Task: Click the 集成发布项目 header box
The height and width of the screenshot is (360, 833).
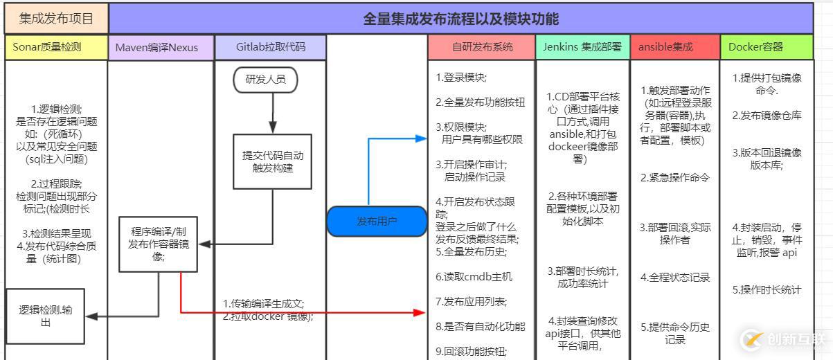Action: [x=55, y=18]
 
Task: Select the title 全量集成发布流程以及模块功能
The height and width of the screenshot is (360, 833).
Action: [x=460, y=18]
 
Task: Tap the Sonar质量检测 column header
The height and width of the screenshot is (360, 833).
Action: [x=55, y=47]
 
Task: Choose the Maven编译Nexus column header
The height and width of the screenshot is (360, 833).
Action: [x=161, y=47]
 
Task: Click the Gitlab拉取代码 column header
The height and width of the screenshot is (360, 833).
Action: [x=270, y=47]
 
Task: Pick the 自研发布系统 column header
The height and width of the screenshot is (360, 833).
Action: [x=482, y=47]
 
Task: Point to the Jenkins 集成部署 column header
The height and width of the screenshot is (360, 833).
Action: [x=582, y=47]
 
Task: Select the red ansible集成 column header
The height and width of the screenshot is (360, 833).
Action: [x=674, y=47]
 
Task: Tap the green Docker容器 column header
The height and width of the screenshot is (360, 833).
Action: [x=766, y=47]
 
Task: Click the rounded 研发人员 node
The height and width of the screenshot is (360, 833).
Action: [x=265, y=80]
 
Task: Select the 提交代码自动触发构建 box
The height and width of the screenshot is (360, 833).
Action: [x=272, y=161]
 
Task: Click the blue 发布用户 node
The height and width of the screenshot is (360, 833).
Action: [x=377, y=222]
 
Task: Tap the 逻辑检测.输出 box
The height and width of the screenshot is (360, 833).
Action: [x=45, y=316]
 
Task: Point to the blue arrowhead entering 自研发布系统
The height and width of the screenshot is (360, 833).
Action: [x=421, y=138]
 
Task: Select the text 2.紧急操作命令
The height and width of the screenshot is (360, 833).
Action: [x=674, y=177]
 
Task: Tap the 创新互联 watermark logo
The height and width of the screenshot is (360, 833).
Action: [x=784, y=339]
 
